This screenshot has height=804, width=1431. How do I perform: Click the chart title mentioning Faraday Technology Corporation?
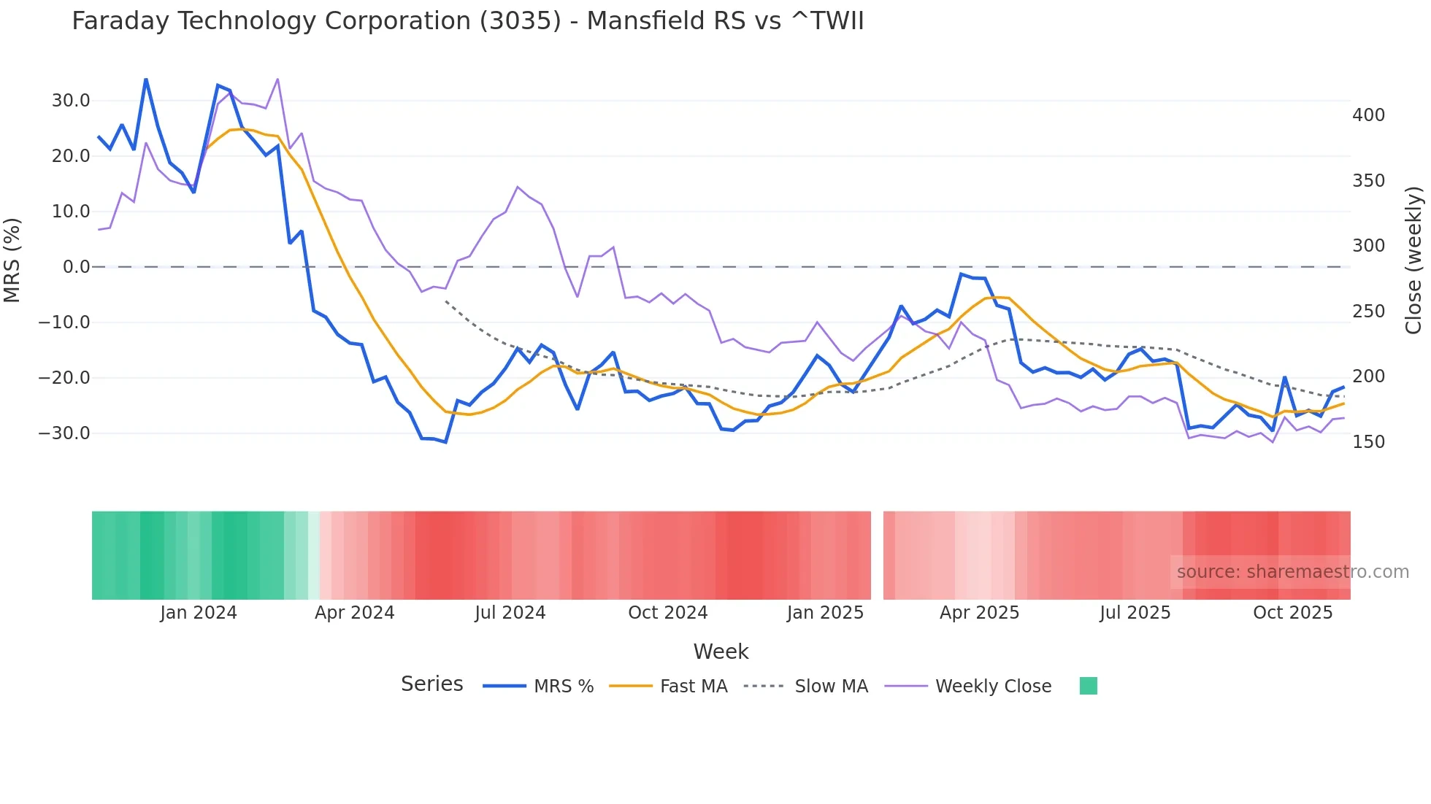pyautogui.click(x=467, y=21)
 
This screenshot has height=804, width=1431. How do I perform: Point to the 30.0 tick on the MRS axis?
pyautogui.click(x=71, y=101)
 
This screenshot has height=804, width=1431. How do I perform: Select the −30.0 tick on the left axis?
pyautogui.click(x=64, y=433)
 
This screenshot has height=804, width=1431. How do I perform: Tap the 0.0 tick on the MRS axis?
pyautogui.click(x=76, y=267)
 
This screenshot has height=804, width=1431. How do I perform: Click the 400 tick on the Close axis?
pyautogui.click(x=1368, y=115)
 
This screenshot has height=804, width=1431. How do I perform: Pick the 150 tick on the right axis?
pyautogui.click(x=1368, y=442)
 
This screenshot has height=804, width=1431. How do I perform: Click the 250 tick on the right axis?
pyautogui.click(x=1368, y=312)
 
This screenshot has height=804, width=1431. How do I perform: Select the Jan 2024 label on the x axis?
pyautogui.click(x=199, y=613)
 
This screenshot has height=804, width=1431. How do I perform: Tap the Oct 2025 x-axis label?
pyautogui.click(x=1292, y=613)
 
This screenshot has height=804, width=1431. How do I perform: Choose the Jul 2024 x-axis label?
pyautogui.click(x=510, y=613)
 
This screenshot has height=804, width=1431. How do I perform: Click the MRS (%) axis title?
pyautogui.click(x=12, y=260)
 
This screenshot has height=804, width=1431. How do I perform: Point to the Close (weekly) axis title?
pyautogui.click(x=1414, y=260)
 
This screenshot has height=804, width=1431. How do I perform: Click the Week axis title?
pyautogui.click(x=721, y=652)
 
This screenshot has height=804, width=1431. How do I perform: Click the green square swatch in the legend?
pyautogui.click(x=1088, y=686)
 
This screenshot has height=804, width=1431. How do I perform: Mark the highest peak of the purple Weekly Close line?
pyautogui.click(x=277, y=79)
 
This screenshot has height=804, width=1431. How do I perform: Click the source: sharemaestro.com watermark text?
pyautogui.click(x=1292, y=572)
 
